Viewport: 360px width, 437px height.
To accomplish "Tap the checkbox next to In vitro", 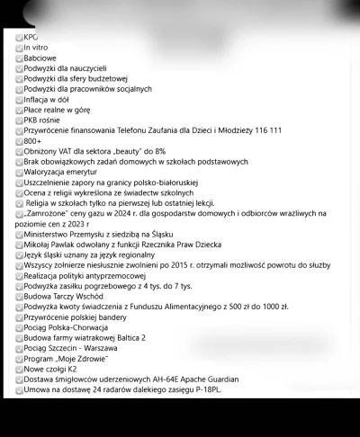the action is click(x=19, y=47).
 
